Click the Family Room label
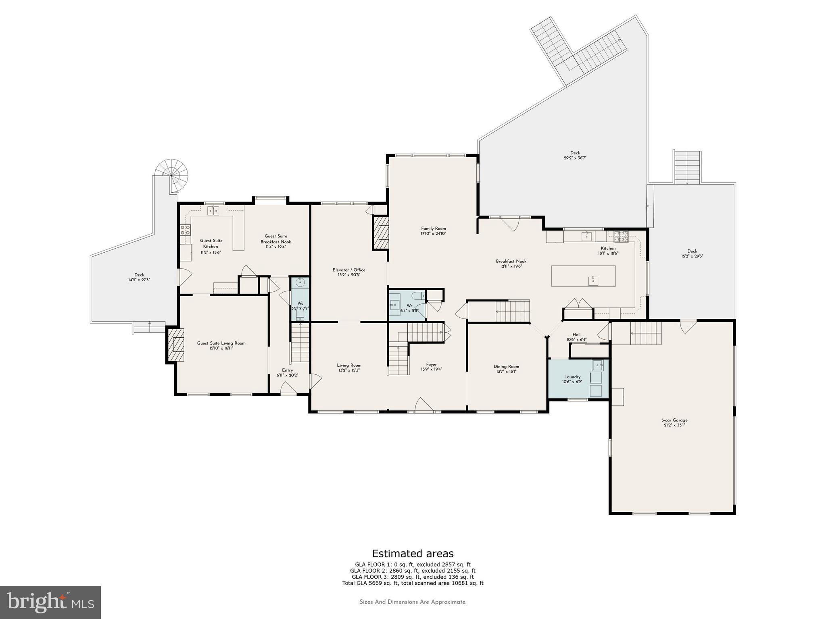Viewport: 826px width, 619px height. [x=434, y=228]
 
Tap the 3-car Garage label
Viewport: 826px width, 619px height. [x=674, y=420]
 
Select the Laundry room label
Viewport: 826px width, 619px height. [x=572, y=377]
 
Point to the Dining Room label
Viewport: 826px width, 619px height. [x=506, y=366]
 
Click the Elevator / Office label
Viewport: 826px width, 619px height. [x=349, y=270]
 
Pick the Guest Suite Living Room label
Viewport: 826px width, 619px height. [x=221, y=343]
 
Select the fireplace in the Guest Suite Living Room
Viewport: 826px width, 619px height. [x=176, y=346]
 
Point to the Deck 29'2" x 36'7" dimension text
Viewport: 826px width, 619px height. [x=575, y=158]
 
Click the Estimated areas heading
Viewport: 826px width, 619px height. [x=413, y=553]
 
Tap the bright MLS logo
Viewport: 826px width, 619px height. [x=50, y=602]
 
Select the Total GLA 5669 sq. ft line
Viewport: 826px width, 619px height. [x=413, y=583]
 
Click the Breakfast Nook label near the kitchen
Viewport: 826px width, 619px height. [x=511, y=261]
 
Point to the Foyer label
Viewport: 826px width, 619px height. [x=431, y=365]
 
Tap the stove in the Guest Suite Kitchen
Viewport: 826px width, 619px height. [x=185, y=230]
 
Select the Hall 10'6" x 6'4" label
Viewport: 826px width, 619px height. [x=576, y=337]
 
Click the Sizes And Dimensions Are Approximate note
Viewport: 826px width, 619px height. [x=413, y=602]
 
